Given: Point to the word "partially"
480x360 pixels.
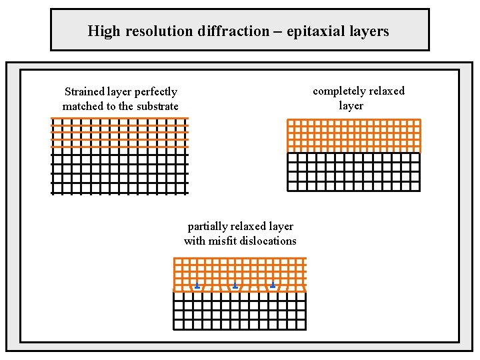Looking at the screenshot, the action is (x=208, y=227).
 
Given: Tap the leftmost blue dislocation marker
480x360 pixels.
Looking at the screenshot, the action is (x=197, y=286).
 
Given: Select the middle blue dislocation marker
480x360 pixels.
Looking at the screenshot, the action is (x=235, y=286).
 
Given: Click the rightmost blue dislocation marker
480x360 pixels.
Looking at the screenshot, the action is (x=273, y=285).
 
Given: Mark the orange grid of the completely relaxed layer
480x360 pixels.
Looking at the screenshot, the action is (x=353, y=135).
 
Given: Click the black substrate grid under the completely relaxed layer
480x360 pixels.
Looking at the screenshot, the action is (x=353, y=171).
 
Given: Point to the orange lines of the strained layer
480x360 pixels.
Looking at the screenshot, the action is (x=120, y=133).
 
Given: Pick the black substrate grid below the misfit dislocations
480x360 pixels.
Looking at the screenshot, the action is (x=239, y=311).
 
